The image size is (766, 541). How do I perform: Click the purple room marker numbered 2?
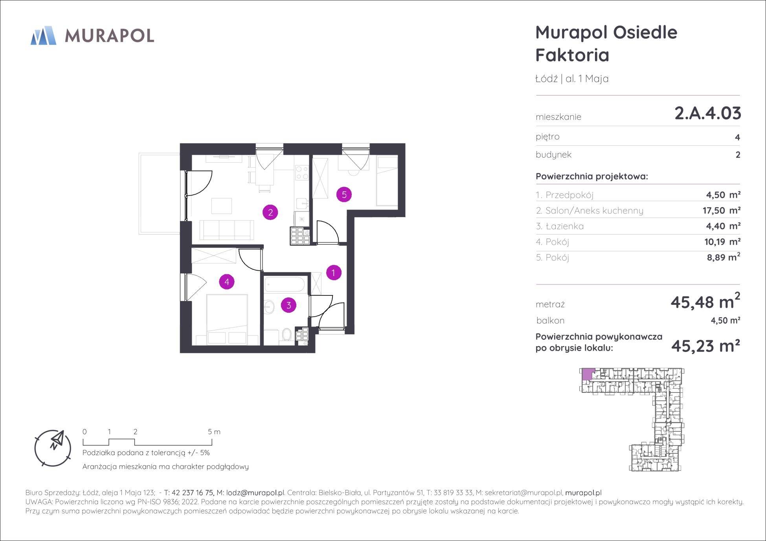270,213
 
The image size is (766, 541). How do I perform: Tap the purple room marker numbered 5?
344,194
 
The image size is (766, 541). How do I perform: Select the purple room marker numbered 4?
227,281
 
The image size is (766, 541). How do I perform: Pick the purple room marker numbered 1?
334,272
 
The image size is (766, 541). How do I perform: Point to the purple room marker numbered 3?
289,305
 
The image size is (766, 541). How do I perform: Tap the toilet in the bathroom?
287,335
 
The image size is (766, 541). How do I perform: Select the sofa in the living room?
226,230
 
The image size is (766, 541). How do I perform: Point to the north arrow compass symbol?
53,448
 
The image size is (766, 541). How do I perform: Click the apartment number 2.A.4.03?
708,113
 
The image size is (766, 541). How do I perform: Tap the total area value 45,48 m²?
705,301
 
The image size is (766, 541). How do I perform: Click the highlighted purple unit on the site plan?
587,374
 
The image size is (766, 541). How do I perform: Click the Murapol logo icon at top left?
43,35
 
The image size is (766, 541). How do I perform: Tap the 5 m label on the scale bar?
214,432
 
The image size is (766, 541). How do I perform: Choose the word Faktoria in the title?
572,55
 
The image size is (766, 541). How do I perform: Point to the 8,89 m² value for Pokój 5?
722,257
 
